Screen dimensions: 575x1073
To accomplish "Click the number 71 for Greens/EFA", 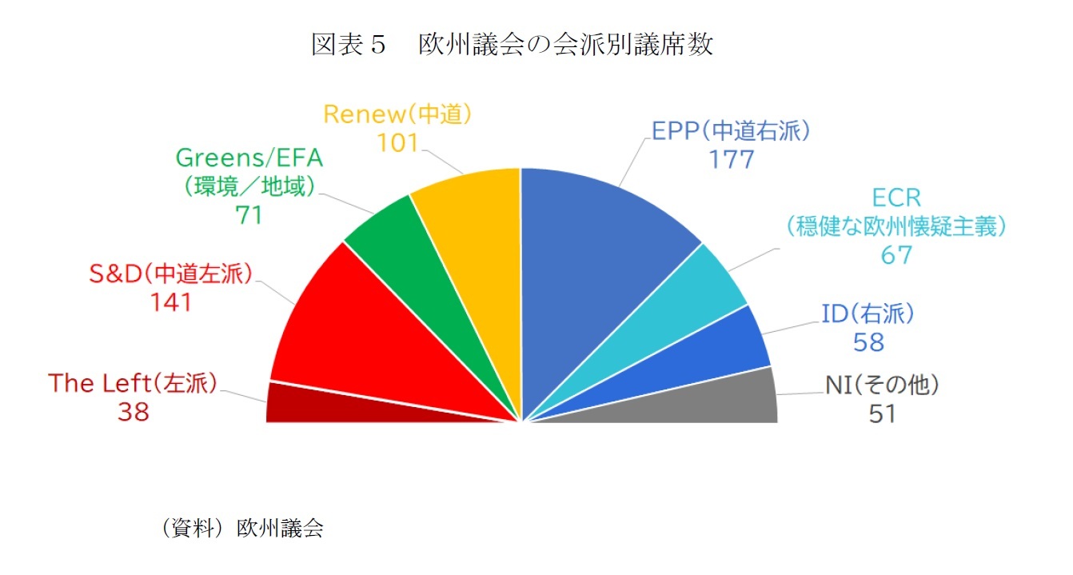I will [249, 215].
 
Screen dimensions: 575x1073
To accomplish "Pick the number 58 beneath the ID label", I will [868, 342].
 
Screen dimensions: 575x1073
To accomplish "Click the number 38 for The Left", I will [133, 412].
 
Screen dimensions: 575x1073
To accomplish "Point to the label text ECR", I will [896, 198].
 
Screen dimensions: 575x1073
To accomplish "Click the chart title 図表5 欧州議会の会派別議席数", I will [512, 45].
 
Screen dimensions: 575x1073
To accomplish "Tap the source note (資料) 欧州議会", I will [241, 529].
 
